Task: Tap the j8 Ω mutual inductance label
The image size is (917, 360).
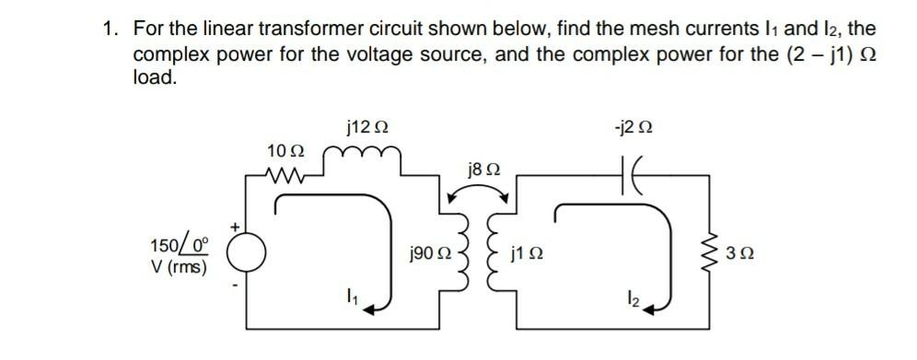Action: click(x=484, y=169)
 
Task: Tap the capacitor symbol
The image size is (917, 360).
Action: click(x=635, y=170)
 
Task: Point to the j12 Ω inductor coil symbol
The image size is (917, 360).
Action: click(x=366, y=157)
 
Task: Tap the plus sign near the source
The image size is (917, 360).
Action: click(x=236, y=224)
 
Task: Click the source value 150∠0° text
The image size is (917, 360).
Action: click(x=180, y=246)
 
